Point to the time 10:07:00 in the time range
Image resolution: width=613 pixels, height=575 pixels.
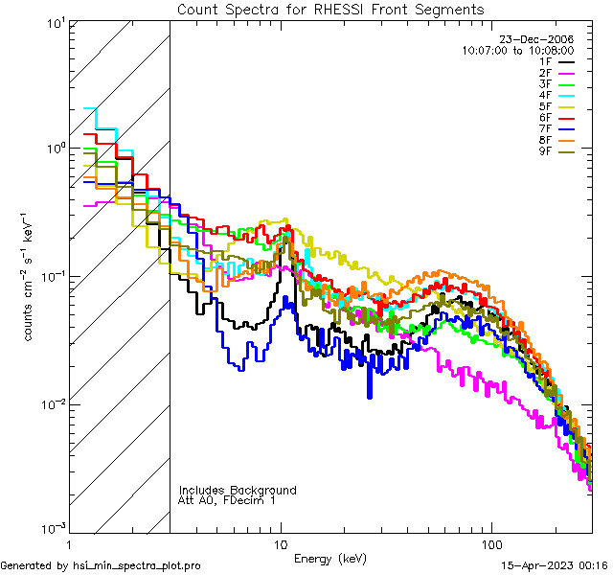(x=488, y=51)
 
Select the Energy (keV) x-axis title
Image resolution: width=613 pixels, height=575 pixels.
(x=330, y=559)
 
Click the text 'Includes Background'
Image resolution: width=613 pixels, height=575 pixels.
(x=238, y=490)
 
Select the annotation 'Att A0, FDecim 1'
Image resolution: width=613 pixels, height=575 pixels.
(x=227, y=500)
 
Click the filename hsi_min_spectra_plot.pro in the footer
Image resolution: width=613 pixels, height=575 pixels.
(x=136, y=565)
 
